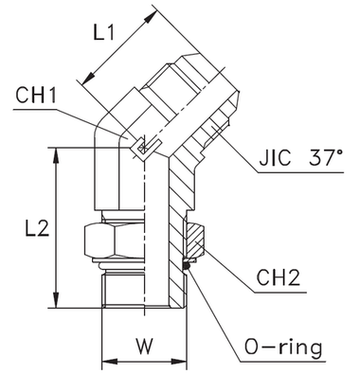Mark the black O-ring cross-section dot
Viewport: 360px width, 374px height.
[x=188, y=265]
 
